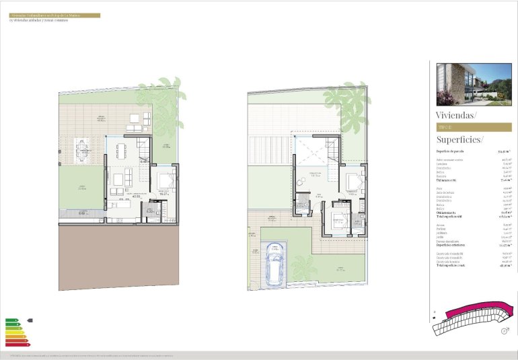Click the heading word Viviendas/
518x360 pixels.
pyautogui.click(x=456, y=115)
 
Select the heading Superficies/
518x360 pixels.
pyautogui.click(x=460, y=139)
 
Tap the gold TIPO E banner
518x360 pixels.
pyautogui.click(x=470, y=127)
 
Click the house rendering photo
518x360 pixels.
pyautogui.click(x=470, y=83)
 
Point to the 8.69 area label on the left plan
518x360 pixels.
pyautogui.click(x=81, y=213)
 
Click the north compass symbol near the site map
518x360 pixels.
pyautogui.click(x=503, y=330)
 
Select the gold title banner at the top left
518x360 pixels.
pyautogui.click(x=54, y=15)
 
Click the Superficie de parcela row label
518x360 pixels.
pyautogui.click(x=452, y=151)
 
